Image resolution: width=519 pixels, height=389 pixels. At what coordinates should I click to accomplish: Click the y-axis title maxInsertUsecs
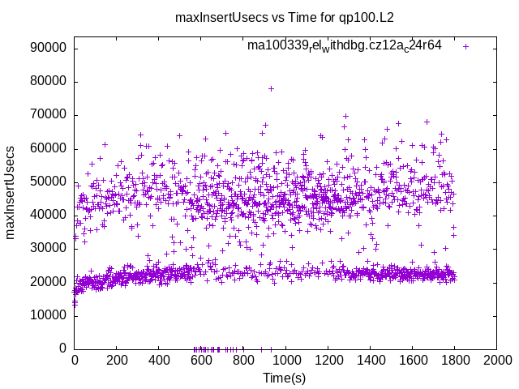[x=11, y=191]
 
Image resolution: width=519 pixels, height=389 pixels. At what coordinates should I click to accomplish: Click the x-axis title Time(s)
[x=285, y=378]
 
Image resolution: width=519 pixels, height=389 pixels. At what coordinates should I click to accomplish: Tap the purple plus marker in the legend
[x=465, y=46]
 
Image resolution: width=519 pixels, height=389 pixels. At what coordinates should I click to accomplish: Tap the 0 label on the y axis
[x=63, y=348]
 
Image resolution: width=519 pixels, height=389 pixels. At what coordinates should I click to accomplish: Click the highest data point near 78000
[x=271, y=88]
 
